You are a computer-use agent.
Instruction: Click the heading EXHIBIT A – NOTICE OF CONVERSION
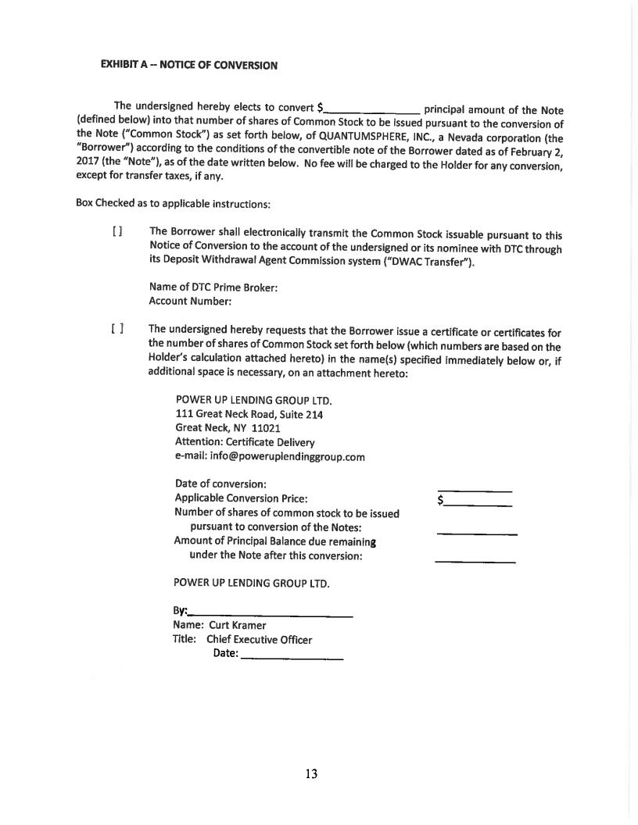click(188, 66)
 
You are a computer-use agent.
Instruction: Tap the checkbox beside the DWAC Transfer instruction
click(117, 232)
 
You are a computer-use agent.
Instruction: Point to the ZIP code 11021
click(266, 428)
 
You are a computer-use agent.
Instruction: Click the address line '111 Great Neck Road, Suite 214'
click(249, 415)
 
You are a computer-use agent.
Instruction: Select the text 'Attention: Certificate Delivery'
click(245, 442)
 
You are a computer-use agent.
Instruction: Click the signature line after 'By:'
click(271, 615)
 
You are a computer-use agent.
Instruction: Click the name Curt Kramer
click(237, 625)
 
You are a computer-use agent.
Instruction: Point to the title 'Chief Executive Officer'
click(259, 639)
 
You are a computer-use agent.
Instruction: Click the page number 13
click(311, 774)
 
